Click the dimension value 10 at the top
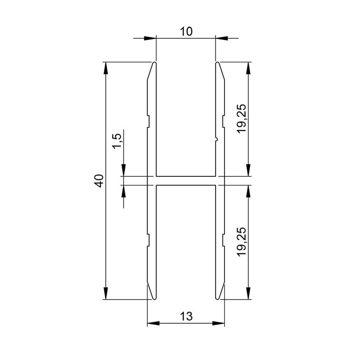(x=186, y=31)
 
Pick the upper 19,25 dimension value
(x=242, y=118)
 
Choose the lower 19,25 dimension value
(x=242, y=242)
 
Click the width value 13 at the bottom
(x=186, y=316)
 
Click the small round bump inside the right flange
(x=216, y=139)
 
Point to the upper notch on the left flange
(x=148, y=121)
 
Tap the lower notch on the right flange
(x=223, y=240)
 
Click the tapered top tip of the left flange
(x=153, y=65)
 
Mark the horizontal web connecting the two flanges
(x=186, y=180)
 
